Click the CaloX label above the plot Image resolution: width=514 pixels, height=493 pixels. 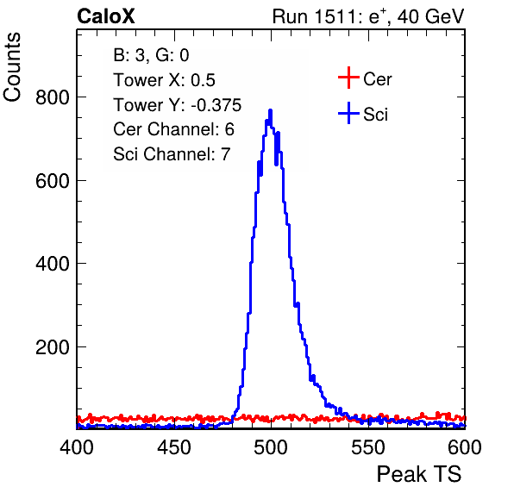[106, 16]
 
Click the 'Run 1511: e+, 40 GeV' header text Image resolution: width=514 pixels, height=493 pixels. [368, 16]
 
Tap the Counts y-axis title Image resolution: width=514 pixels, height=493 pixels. [12, 67]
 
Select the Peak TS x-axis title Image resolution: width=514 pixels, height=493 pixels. [419, 474]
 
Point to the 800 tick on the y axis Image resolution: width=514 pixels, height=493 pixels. [53, 97]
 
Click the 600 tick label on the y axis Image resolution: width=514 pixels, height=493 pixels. [53, 180]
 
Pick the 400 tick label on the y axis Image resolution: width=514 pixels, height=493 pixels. [53, 264]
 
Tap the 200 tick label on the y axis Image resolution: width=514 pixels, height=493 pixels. [53, 346]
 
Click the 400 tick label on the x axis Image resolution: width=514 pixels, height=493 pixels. [77, 447]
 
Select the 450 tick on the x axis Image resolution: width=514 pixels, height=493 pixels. [173, 447]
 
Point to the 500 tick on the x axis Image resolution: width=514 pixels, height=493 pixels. [271, 447]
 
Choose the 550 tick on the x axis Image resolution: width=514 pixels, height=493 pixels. [367, 447]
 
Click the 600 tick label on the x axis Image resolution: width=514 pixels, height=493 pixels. [465, 447]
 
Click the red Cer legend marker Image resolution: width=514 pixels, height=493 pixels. [348, 78]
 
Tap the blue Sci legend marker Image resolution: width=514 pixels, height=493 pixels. [348, 113]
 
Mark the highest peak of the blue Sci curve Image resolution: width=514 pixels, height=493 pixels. [271, 110]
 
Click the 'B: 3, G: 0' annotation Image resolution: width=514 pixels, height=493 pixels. [151, 55]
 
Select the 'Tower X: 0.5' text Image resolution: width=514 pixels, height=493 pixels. [164, 80]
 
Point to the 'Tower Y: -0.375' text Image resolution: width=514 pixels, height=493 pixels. [178, 105]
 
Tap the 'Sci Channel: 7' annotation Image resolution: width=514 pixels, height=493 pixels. [172, 154]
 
